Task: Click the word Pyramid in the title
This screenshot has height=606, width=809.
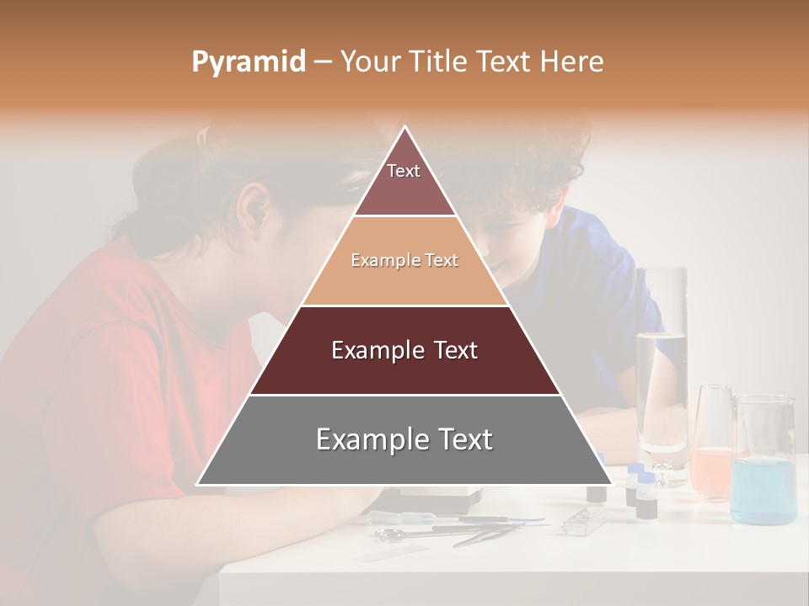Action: pyautogui.click(x=248, y=62)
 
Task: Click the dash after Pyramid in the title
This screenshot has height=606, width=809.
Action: pyautogui.click(x=322, y=62)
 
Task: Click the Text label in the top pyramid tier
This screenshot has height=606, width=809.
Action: pyautogui.click(x=404, y=171)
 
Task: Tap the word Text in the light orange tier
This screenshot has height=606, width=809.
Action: pyautogui.click(x=442, y=261)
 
